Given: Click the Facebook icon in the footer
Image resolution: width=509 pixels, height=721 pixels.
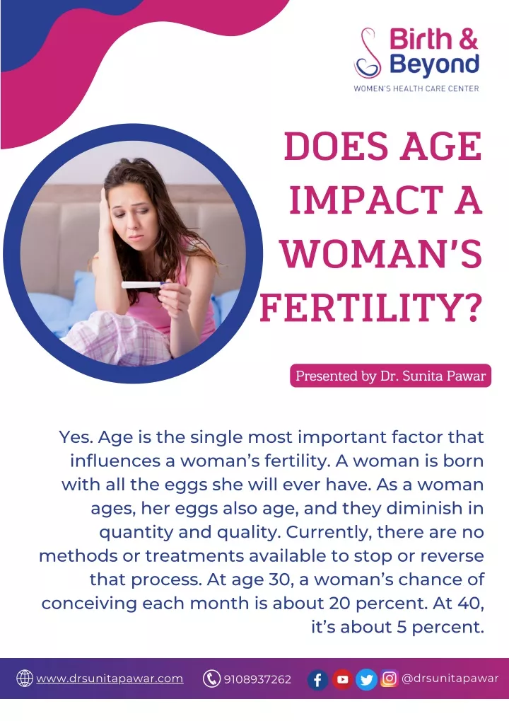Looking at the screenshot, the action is tap(317, 679).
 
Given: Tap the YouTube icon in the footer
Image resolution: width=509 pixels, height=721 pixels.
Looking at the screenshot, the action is tap(342, 679).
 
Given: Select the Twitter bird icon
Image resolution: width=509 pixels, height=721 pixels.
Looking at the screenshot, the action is tap(366, 679).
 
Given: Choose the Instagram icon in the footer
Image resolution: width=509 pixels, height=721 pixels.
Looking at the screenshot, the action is tap(389, 679).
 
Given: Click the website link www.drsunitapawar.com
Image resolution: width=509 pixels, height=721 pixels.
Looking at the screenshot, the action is tap(110, 679).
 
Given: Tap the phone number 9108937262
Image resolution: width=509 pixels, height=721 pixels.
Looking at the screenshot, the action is tap(257, 679).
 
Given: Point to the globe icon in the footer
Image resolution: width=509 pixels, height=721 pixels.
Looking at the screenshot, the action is tap(25, 679).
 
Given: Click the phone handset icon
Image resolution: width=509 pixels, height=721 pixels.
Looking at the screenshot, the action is tap(211, 679).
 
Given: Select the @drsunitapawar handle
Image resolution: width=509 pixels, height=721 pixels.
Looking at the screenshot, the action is tap(450, 679).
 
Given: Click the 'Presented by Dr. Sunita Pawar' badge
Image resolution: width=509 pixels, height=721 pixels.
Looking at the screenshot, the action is tap(390, 376).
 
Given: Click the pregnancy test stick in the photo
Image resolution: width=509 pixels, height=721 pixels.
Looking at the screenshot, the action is tap(143, 285).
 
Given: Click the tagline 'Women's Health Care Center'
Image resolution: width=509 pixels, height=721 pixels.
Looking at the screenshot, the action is tap(416, 88).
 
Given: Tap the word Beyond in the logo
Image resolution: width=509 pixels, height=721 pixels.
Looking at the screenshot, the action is tap(435, 64).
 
